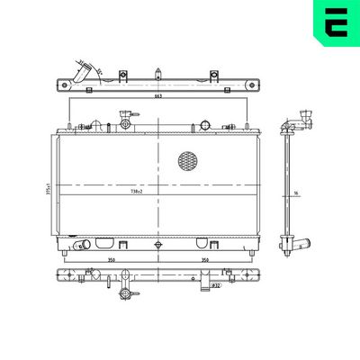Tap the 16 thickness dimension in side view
[x=294, y=193]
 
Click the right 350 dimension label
[x=204, y=261]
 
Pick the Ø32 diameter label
[x=216, y=287]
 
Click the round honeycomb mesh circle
[x=187, y=162]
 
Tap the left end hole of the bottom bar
[x=66, y=273]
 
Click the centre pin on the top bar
[x=157, y=74]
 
